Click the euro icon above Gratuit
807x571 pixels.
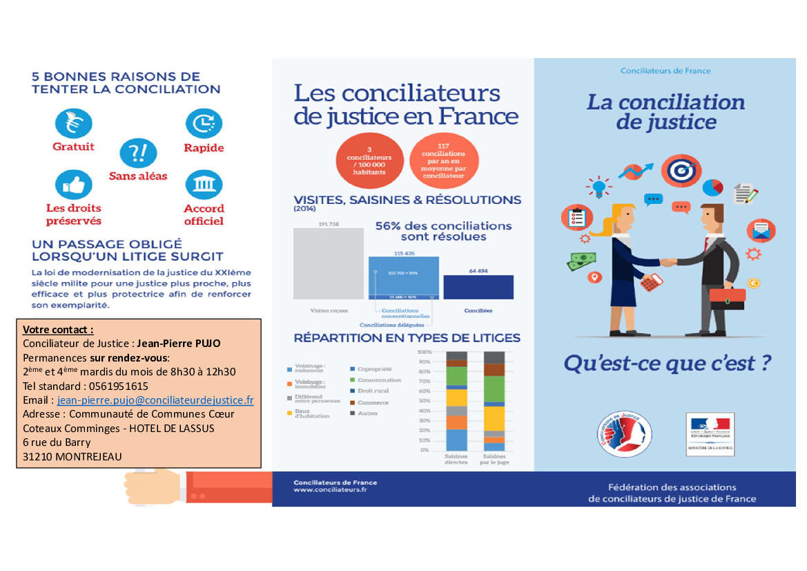(73, 124)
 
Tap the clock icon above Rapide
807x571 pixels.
(204, 124)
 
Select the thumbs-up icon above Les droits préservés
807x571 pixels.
(73, 185)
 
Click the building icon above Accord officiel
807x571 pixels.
(204, 185)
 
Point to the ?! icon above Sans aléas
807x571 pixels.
(138, 153)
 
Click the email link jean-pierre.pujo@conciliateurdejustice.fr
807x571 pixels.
(155, 400)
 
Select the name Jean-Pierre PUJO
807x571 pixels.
(179, 344)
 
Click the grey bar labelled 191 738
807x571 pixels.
(328, 263)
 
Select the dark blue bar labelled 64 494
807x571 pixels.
(478, 287)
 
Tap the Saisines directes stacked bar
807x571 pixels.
(456, 401)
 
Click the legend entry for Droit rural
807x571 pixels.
(372, 391)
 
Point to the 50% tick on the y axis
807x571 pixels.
(424, 401)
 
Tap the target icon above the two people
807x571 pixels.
(681, 169)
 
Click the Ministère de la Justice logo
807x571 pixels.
(710, 433)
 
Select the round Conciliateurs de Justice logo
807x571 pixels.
(624, 434)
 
